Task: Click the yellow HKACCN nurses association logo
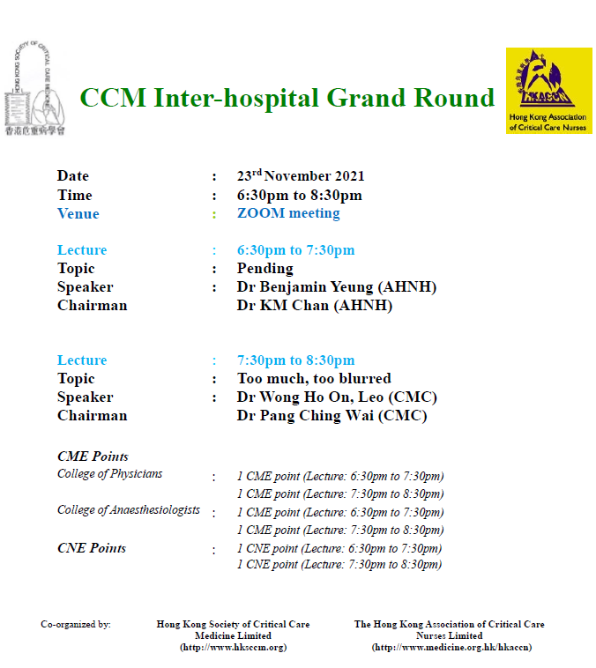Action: click(x=548, y=91)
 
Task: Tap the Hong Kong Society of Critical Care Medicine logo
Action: click(x=35, y=89)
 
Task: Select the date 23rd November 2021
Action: click(x=301, y=175)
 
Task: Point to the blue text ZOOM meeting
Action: click(x=288, y=212)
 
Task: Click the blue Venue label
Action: click(x=78, y=213)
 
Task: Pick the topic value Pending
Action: click(x=265, y=269)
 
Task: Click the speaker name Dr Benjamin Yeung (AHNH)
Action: click(x=337, y=287)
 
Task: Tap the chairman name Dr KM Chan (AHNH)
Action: click(x=315, y=306)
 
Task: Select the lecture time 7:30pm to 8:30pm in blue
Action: click(x=296, y=360)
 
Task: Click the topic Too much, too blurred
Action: click(x=314, y=379)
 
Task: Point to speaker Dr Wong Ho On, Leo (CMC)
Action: click(x=337, y=397)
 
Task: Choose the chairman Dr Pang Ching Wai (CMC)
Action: click(x=332, y=416)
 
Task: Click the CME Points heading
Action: click(x=93, y=456)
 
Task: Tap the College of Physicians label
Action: click(x=110, y=474)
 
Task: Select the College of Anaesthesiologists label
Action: click(x=129, y=510)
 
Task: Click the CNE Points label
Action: click(x=92, y=548)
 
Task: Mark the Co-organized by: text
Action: click(x=76, y=625)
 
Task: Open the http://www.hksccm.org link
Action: click(x=234, y=648)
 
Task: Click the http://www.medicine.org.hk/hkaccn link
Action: click(x=452, y=648)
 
